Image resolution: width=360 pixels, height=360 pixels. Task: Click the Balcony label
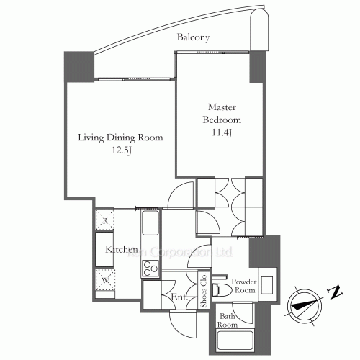point(194,38)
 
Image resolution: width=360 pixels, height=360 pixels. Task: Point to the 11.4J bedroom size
point(220,132)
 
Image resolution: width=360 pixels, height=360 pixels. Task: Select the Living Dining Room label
point(120,138)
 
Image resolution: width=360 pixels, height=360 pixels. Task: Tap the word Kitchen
point(117,249)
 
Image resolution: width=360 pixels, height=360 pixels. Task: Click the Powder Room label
point(244,286)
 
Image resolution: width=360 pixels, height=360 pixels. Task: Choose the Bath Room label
point(229,320)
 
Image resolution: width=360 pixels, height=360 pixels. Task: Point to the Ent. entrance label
point(179,297)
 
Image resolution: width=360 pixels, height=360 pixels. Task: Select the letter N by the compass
point(335,291)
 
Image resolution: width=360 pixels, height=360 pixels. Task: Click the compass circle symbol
point(302,305)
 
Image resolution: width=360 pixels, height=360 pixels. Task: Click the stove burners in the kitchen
point(151,269)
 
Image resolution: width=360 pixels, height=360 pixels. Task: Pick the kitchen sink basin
point(151,228)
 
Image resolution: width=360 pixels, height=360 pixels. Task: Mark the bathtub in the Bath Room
point(236,343)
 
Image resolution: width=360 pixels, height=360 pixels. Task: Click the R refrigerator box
point(105,220)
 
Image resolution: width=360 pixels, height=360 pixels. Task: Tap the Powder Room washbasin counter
point(266,283)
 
